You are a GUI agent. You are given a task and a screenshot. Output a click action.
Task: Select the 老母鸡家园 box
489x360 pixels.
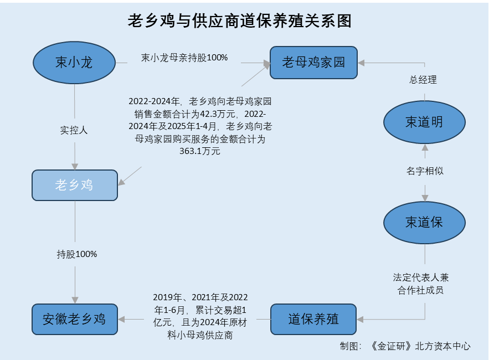(313, 62)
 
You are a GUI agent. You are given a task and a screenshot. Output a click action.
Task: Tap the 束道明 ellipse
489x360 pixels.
(424, 122)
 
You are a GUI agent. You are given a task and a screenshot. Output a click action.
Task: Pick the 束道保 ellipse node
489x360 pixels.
(424, 223)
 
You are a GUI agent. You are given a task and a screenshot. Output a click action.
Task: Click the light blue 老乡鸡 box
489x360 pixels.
(74, 185)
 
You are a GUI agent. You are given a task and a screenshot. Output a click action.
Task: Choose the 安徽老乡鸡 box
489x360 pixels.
(74, 319)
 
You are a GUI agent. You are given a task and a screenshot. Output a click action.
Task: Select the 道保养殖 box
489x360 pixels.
(313, 319)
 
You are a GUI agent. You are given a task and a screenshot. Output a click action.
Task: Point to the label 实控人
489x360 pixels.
(74, 131)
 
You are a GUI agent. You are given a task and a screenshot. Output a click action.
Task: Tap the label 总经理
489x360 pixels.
(423, 80)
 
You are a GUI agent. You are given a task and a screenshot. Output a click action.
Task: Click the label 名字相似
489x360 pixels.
(425, 171)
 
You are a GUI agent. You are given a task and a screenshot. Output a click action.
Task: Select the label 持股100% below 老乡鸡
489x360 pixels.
(77, 254)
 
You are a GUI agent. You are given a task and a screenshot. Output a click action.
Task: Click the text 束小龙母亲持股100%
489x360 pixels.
(184, 58)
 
